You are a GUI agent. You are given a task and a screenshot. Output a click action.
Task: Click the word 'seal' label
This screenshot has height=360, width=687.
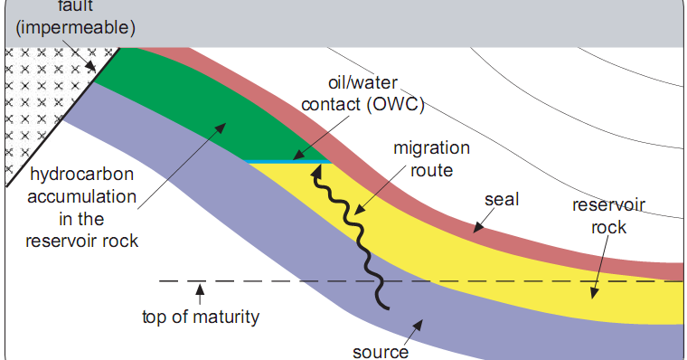[502, 198]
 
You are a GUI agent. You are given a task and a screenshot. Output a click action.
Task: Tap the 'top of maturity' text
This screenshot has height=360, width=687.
[201, 317]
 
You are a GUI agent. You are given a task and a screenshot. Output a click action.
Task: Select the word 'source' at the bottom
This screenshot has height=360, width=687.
[381, 350]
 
